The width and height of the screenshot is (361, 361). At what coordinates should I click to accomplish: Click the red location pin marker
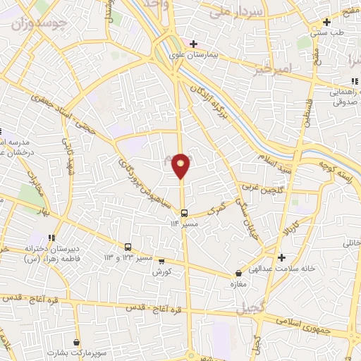point(182,165)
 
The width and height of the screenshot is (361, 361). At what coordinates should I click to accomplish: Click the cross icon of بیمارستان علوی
point(193,44)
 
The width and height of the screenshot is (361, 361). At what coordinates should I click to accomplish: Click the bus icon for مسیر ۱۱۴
point(183,213)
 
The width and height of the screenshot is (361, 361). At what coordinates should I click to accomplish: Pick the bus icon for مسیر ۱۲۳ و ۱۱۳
point(128,247)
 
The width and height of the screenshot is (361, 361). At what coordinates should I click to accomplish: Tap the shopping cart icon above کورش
point(161,261)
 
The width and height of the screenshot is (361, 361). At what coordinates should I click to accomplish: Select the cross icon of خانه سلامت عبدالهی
point(281,257)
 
